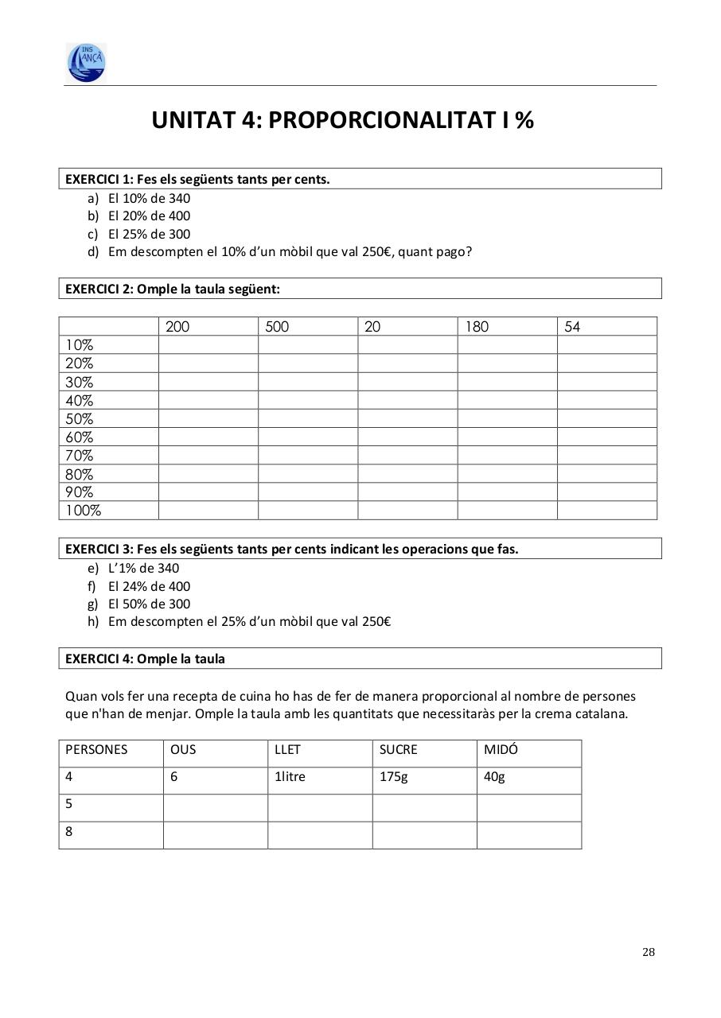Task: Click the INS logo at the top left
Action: (86, 62)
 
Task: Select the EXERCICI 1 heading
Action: (197, 179)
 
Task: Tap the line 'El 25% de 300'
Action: (149, 234)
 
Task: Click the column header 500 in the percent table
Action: (277, 327)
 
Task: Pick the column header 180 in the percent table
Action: (477, 327)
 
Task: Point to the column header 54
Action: (572, 327)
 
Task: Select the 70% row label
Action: (80, 456)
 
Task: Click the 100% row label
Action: (84, 511)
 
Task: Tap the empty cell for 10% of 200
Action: (209, 345)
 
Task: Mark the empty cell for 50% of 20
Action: (407, 419)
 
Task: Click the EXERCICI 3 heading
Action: (291, 549)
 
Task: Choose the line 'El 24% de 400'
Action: (149, 586)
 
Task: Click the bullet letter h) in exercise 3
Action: (93, 621)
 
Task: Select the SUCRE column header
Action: (398, 750)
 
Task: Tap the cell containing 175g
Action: (393, 777)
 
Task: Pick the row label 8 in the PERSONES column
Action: (69, 832)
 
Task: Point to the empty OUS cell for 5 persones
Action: (215, 807)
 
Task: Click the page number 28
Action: (649, 952)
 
